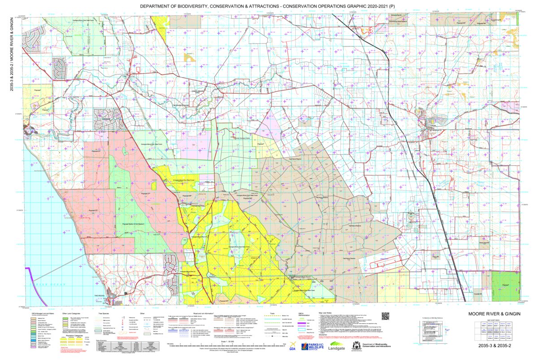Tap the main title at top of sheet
tap(267, 7)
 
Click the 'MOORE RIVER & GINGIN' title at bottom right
tap(493, 314)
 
